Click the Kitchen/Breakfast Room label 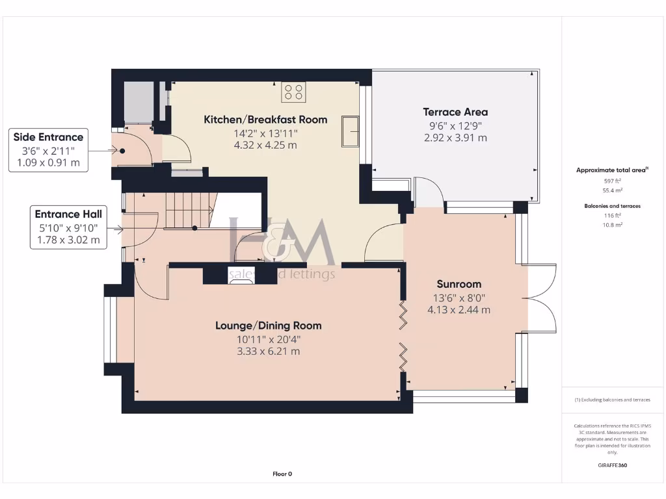(265, 120)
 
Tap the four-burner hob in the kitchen (293, 92)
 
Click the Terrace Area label (455, 112)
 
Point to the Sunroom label (459, 284)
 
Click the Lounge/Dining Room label (268, 326)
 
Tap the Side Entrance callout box (49, 149)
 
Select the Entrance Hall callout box (68, 227)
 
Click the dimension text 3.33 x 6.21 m (268, 352)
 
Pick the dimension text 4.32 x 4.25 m (265, 145)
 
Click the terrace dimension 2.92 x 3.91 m (455, 138)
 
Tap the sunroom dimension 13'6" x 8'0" (459, 298)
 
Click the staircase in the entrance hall (189, 211)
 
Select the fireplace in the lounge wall (241, 275)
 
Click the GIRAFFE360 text (611, 465)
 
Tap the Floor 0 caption (282, 474)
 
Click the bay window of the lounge (112, 329)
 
